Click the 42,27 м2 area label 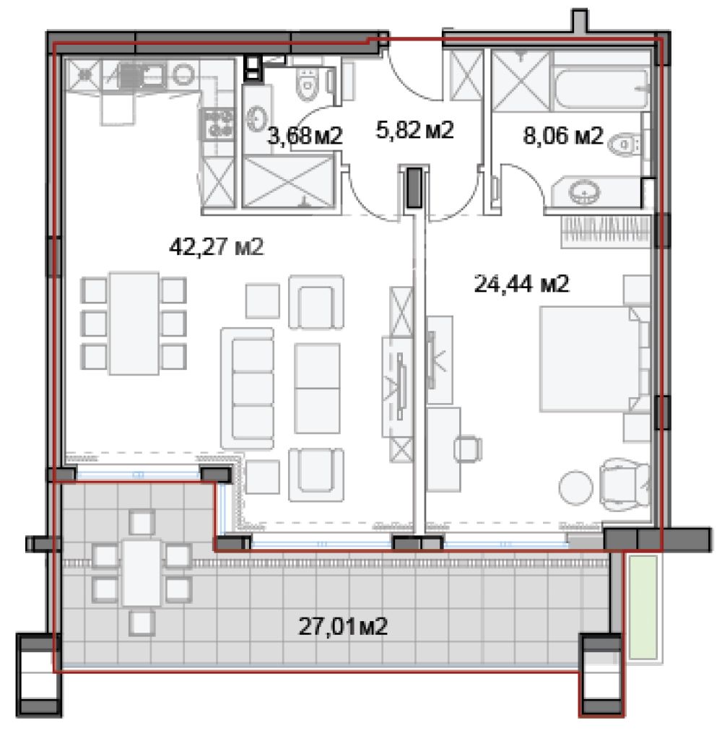pyautogui.click(x=217, y=246)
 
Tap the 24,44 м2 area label pyautogui.click(x=522, y=284)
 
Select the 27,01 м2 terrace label pyautogui.click(x=343, y=626)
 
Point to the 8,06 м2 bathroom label pyautogui.click(x=563, y=136)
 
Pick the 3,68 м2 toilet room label pyautogui.click(x=305, y=136)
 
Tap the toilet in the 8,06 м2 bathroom pyautogui.click(x=625, y=144)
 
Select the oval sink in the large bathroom pyautogui.click(x=584, y=192)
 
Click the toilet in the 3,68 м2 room pyautogui.click(x=308, y=85)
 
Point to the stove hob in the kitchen pyautogui.click(x=217, y=124)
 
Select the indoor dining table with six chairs pyautogui.click(x=134, y=323)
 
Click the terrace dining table pyautogui.click(x=142, y=573)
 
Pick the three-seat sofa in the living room pyautogui.click(x=247, y=389)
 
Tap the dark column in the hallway pyautogui.click(x=414, y=187)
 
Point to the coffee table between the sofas pyautogui.click(x=317, y=389)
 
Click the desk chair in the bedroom pyautogui.click(x=468, y=449)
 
